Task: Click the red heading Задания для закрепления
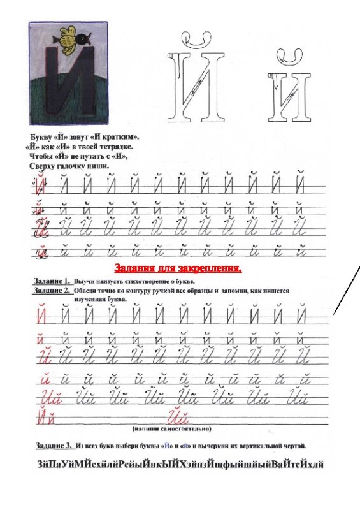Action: (x=178, y=268)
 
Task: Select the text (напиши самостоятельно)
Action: (x=171, y=429)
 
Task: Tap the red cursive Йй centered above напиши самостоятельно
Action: (x=179, y=418)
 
